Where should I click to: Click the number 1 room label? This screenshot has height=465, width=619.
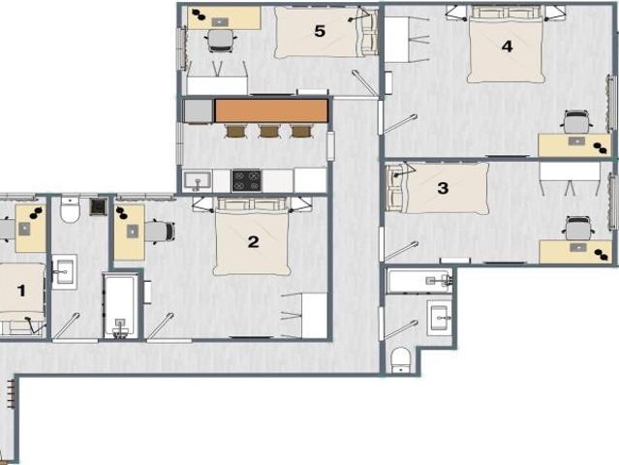tap(20, 289)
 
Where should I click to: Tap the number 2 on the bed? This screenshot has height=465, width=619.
tap(253, 241)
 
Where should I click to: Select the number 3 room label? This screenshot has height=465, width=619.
tap(443, 188)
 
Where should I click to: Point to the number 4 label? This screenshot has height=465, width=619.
tap(507, 46)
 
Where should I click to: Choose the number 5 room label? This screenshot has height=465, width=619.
tap(320, 30)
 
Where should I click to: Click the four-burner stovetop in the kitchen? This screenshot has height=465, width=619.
tap(246, 179)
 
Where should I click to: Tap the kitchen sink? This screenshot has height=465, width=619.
tap(197, 180)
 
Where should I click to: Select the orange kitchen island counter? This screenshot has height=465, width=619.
tap(271, 110)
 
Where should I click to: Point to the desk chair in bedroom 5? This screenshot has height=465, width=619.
tap(222, 40)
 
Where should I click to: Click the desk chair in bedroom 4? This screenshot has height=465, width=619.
tap(577, 121)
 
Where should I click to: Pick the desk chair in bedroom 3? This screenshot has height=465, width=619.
tap(577, 228)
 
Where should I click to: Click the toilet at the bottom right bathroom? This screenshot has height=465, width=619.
tap(400, 361)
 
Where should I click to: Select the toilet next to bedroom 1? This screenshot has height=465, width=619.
tap(70, 209)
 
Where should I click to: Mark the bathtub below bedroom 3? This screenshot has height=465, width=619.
tap(419, 281)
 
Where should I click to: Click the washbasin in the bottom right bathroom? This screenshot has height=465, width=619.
tap(439, 316)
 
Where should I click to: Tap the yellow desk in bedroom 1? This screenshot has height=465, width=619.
tap(31, 228)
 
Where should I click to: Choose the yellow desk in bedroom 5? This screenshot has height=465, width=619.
tap(225, 18)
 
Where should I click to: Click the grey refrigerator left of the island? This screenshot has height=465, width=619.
tap(198, 110)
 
